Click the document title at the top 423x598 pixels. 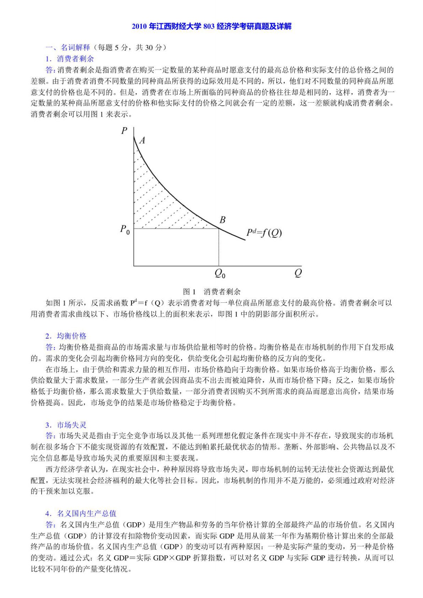(211, 27)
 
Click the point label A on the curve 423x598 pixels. (142, 140)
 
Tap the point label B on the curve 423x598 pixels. (223, 220)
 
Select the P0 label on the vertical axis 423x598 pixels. (125, 229)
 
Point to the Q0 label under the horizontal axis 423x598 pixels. (220, 274)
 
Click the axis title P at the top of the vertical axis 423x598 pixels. (124, 131)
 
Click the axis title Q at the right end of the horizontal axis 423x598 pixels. (298, 273)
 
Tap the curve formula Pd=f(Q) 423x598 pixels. (264, 233)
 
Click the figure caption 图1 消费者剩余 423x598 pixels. (211, 292)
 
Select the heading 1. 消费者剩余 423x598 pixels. (70, 59)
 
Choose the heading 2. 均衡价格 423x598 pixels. (66, 336)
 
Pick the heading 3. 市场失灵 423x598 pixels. (66, 425)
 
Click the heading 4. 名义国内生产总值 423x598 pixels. (81, 513)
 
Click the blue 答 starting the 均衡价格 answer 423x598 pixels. (50, 347)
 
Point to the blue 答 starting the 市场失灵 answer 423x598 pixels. (50, 436)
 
